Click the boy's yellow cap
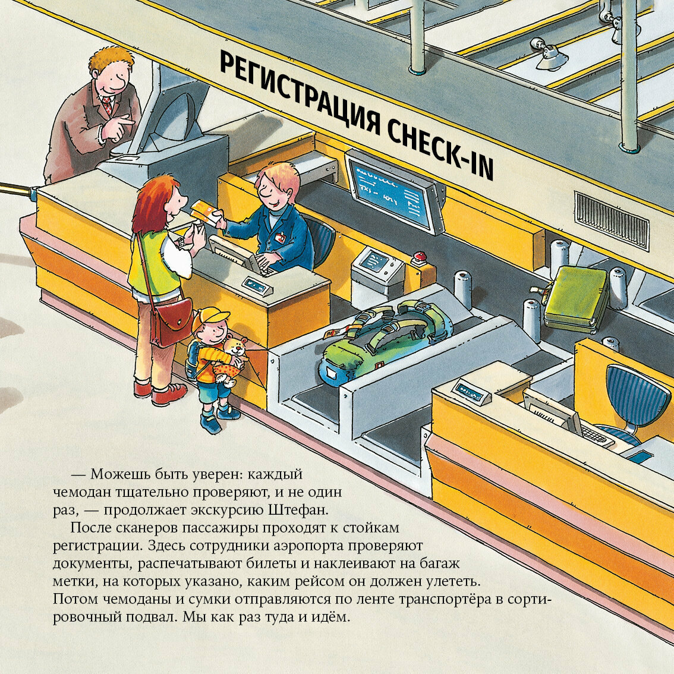click(x=209, y=319)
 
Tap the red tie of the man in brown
click(x=107, y=106)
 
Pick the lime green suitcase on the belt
click(x=576, y=298)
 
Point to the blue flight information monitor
click(x=392, y=194)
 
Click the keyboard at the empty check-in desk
click(x=597, y=435)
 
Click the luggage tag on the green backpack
click(x=333, y=333)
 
